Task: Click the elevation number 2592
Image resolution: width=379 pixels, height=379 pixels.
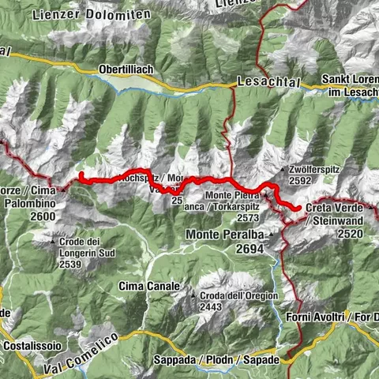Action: point(303,180)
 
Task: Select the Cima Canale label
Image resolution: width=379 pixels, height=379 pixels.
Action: point(144,285)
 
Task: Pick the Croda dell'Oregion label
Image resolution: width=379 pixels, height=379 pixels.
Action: point(234,296)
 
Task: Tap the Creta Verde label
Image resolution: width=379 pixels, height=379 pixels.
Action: point(332,208)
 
